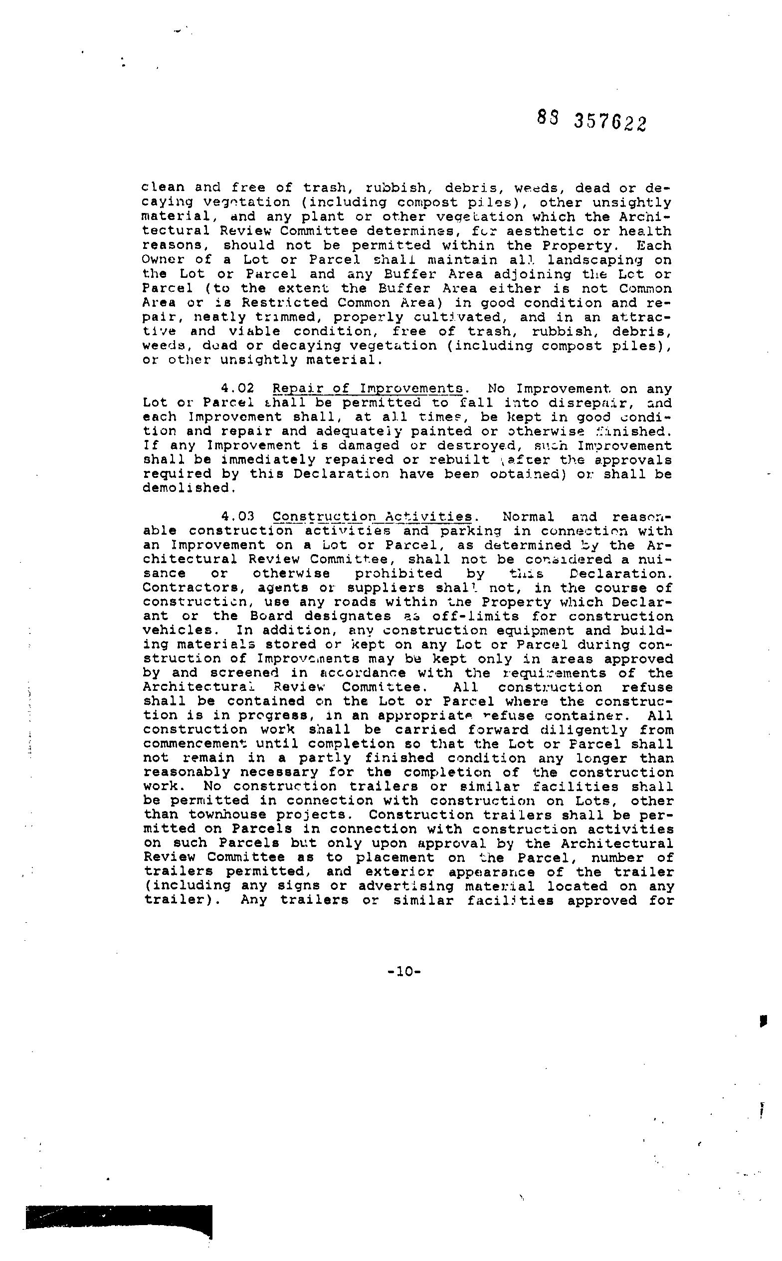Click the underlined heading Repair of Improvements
click(x=368, y=389)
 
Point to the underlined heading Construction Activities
click(x=372, y=517)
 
